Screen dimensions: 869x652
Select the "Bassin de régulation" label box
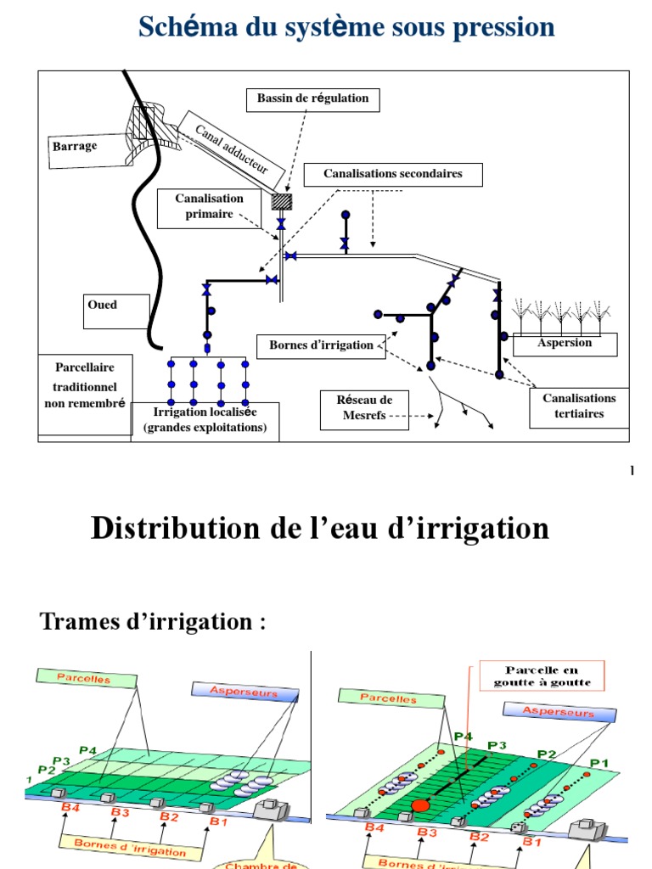point(313,98)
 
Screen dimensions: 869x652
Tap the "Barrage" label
point(76,146)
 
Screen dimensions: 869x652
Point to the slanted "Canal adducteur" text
point(232,149)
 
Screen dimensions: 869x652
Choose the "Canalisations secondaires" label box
point(393,174)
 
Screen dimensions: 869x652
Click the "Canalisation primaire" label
point(209,206)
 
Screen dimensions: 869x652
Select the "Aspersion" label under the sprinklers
point(565,344)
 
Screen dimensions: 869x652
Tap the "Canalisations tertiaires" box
point(579,406)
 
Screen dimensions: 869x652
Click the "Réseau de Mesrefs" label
point(363,408)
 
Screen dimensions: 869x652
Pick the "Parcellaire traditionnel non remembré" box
point(84,385)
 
